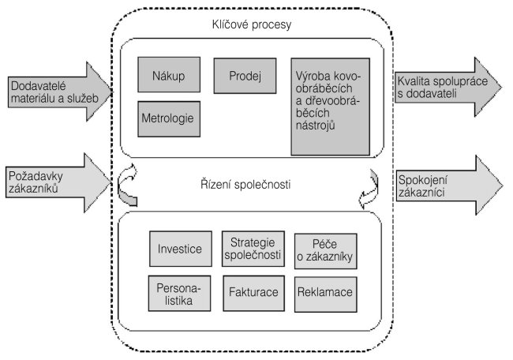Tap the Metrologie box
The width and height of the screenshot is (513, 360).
point(168,118)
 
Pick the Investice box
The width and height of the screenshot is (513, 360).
point(178,249)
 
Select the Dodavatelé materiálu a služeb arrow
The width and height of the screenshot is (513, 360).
point(55,91)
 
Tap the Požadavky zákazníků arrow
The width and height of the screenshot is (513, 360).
point(55,179)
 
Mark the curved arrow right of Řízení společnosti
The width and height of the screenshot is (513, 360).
point(369,186)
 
